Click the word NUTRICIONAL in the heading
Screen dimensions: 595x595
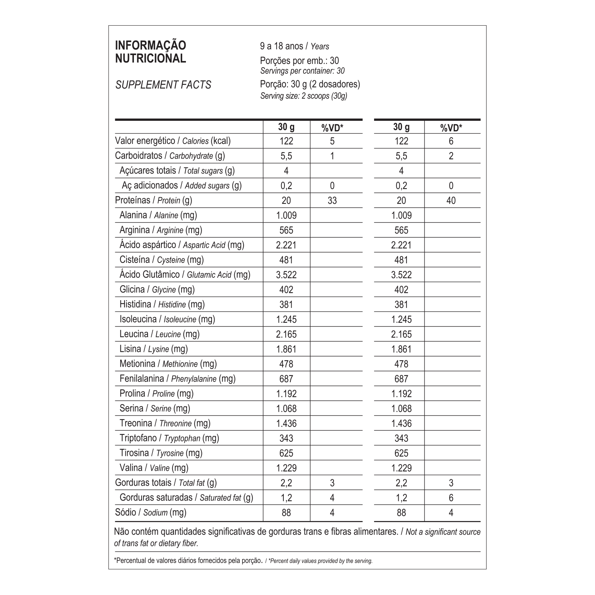(151, 59)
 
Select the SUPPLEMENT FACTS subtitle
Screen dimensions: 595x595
(163, 85)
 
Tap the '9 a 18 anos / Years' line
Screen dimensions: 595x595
(295, 46)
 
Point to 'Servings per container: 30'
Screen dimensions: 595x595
(302, 71)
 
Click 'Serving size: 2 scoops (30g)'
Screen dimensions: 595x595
(304, 96)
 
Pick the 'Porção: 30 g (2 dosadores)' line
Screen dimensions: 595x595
(310, 84)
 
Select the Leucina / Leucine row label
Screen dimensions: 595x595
(160, 334)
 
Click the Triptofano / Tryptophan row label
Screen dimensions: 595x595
(169, 438)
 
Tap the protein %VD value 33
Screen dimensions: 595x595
(332, 200)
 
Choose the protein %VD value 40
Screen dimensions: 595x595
(451, 200)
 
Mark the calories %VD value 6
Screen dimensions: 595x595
(451, 141)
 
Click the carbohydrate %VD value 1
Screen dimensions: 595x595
(332, 156)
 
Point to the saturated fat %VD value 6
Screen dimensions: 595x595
(451, 498)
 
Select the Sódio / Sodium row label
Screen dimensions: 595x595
(151, 512)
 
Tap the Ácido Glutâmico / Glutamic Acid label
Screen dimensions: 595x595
(185, 274)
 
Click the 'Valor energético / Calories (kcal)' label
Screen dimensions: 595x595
(173, 141)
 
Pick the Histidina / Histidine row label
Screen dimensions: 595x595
(162, 304)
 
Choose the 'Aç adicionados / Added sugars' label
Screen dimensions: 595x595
(182, 186)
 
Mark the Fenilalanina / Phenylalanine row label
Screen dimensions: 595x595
(178, 379)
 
